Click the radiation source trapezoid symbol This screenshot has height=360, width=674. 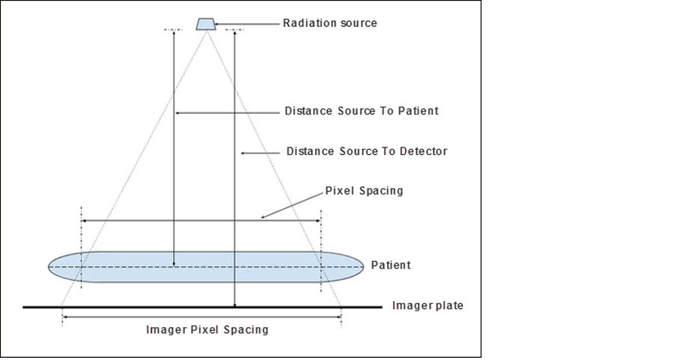point(204,24)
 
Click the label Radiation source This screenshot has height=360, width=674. point(330,23)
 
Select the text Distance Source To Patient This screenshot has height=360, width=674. point(361,111)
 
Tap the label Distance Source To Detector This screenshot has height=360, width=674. point(366,151)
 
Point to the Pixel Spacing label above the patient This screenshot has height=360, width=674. point(364,191)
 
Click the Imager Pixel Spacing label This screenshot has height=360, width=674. point(207,329)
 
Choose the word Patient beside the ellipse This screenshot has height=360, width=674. point(391,265)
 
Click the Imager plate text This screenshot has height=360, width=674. point(428,305)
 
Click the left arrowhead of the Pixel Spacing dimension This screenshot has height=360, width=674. point(83,220)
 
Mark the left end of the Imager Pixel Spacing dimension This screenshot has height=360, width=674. point(65,317)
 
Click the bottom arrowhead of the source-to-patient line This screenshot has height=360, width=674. point(174,263)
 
